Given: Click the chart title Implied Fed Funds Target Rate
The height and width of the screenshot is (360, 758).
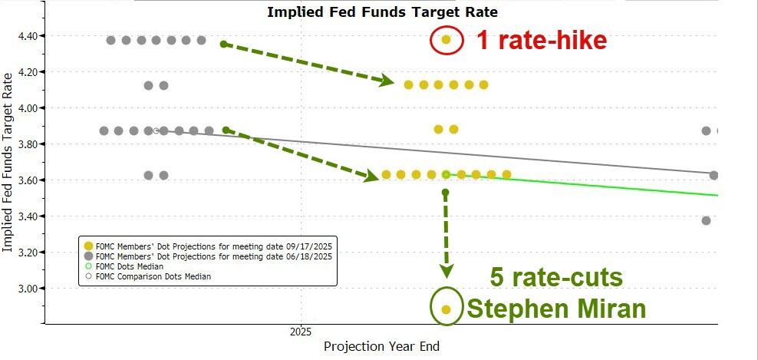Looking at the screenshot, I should point(382,12).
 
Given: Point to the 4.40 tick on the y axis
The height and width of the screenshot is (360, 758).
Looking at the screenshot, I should point(35,36).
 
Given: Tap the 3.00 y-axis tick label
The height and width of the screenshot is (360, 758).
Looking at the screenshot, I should point(35,289).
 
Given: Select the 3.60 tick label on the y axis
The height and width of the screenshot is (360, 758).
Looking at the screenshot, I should point(35,180).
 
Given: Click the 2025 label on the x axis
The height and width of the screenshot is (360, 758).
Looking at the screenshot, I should point(300,332).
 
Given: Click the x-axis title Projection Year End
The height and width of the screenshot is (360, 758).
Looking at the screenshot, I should point(381,347).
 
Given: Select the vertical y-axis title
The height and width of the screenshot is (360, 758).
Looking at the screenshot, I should point(8,162).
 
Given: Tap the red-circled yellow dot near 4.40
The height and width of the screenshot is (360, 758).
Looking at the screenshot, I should point(447,39).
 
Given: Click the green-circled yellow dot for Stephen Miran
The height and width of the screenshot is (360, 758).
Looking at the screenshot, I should point(447,309).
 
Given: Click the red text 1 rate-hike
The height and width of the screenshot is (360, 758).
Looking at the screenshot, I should point(542,40).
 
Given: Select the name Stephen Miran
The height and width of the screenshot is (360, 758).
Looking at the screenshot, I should point(556,309).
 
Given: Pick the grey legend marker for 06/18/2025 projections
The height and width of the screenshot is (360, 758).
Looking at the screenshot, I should point(88,256).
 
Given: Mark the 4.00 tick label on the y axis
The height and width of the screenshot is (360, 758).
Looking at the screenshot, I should point(35,108).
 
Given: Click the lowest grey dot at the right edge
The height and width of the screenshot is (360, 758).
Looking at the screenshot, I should point(706,221).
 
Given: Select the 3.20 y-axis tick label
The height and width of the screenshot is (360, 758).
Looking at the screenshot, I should point(35,253).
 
